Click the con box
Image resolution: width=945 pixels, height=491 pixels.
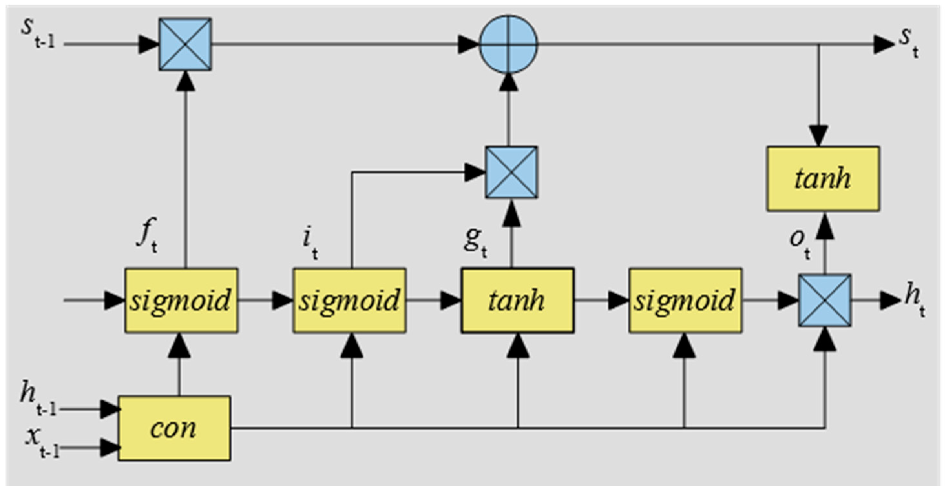(x=174, y=428)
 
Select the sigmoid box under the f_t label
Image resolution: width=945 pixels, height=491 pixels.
(x=181, y=301)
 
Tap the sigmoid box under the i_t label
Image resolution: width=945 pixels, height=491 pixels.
(x=349, y=301)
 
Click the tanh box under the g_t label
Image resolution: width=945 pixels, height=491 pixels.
(x=517, y=301)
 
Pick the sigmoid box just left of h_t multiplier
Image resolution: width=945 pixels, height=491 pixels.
(x=685, y=301)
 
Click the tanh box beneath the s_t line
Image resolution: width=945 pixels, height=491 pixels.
(x=823, y=179)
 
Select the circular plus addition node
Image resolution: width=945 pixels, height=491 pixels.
(x=509, y=44)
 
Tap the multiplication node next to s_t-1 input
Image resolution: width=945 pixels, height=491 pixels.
(x=185, y=44)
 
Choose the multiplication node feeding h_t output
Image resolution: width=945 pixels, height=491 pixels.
(x=825, y=301)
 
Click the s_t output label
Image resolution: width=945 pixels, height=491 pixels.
(x=909, y=42)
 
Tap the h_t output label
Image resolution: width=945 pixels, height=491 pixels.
(x=913, y=299)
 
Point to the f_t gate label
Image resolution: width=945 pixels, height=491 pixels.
(x=147, y=235)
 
